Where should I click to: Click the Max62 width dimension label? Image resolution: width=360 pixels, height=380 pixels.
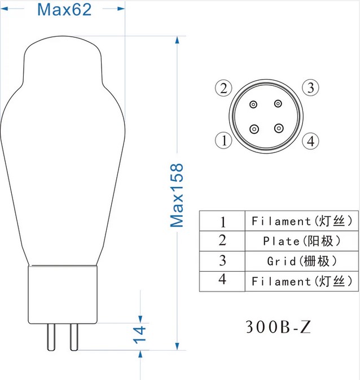64,10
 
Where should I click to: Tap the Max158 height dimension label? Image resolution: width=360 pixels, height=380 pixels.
177,195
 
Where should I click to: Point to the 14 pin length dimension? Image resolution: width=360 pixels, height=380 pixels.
139,335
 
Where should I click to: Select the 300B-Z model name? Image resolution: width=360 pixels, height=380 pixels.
278,327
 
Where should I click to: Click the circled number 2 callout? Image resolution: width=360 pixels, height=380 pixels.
223,88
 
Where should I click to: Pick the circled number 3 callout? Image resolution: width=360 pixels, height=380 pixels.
310,88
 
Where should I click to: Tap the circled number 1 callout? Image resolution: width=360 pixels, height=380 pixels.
223,141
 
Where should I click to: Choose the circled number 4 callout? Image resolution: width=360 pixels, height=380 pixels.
310,141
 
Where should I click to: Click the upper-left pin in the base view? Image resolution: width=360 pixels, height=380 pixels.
254,104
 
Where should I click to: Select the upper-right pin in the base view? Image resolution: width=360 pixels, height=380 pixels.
278,104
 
